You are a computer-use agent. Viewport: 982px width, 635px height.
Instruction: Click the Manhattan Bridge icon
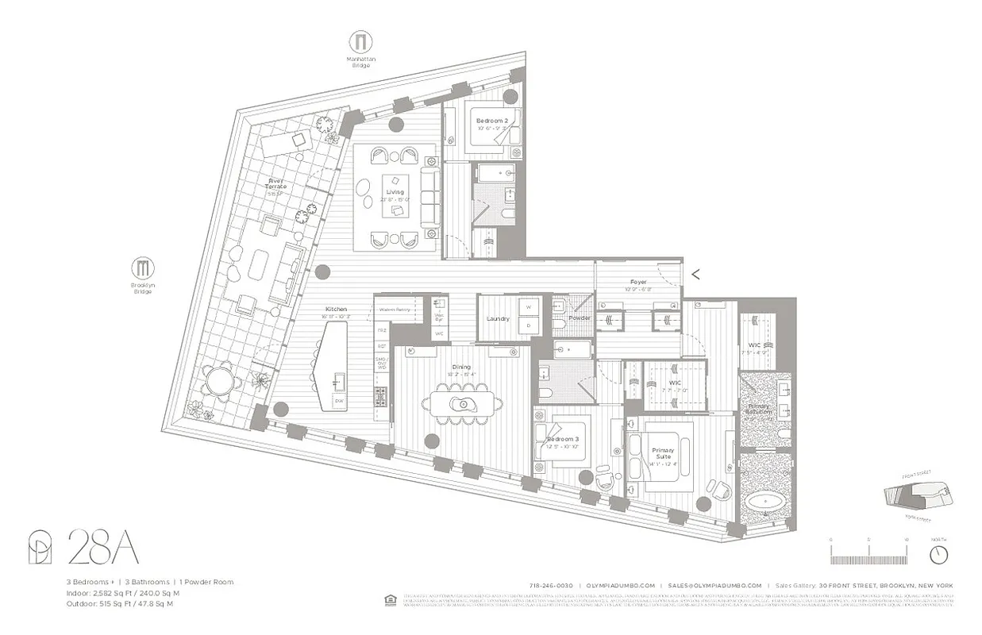(361, 42)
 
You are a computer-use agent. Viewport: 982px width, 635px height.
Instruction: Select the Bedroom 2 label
(491, 121)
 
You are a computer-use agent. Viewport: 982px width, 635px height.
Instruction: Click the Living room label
(395, 192)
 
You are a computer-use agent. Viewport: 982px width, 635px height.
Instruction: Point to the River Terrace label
(275, 185)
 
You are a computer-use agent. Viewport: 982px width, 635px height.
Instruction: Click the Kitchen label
(336, 309)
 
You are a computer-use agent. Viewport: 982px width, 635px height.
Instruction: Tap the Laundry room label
(498, 318)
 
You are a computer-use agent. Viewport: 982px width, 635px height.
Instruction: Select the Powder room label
(580, 318)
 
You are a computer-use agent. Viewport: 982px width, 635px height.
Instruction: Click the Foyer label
(638, 282)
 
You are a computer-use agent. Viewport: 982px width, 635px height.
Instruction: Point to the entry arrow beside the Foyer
(695, 275)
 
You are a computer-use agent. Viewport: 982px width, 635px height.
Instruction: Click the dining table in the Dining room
(461, 404)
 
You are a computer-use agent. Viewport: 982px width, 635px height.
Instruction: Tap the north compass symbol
(938, 552)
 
